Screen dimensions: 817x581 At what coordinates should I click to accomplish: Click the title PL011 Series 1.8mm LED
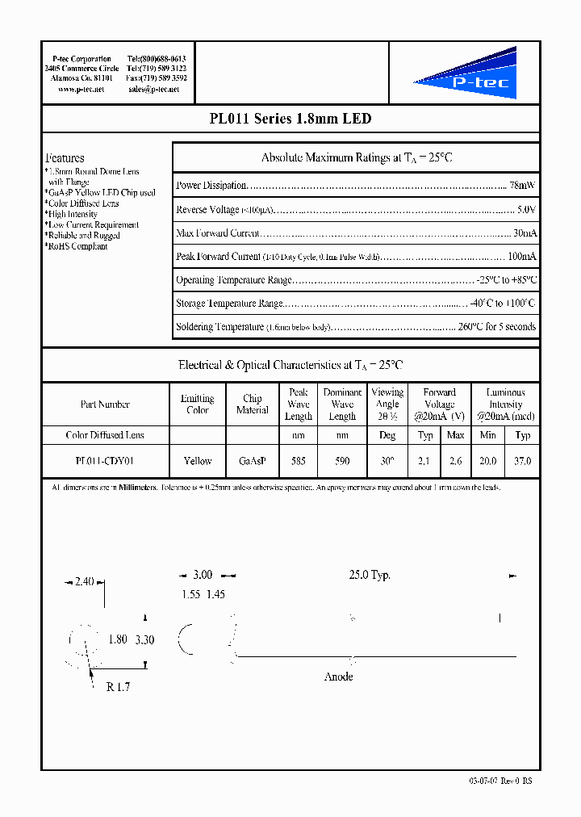[x=290, y=119]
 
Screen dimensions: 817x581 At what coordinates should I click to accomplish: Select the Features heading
[x=65, y=158]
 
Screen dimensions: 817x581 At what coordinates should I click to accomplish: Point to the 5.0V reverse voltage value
[x=525, y=210]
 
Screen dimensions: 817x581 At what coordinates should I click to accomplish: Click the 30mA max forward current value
[x=524, y=233]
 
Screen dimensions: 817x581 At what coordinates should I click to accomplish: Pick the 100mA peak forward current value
[x=520, y=257]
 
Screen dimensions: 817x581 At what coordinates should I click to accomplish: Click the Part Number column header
[x=105, y=404]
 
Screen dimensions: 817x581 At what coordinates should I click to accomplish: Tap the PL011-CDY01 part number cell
[x=105, y=461]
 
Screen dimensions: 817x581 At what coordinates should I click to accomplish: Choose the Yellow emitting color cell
[x=198, y=461]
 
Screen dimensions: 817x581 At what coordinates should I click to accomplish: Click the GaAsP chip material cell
[x=253, y=461]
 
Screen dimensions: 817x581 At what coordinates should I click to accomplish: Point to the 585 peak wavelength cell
[x=299, y=461]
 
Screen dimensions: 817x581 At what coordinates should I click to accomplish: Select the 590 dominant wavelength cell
[x=342, y=461]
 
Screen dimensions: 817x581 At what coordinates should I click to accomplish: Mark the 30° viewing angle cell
[x=387, y=461]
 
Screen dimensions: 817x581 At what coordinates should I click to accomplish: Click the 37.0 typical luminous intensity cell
[x=523, y=461]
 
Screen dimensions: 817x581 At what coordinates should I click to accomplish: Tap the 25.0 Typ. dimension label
[x=370, y=576]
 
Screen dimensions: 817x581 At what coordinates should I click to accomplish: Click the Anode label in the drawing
[x=338, y=677]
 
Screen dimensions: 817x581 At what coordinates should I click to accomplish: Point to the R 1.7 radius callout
[x=118, y=689]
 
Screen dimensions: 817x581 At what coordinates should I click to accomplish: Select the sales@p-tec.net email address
[x=154, y=90]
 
